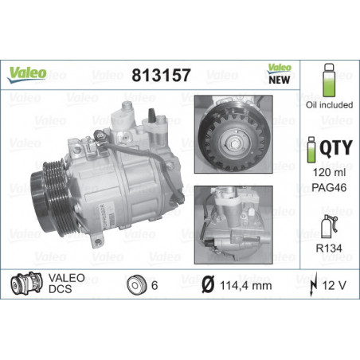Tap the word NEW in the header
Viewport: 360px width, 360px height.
click(279, 80)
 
